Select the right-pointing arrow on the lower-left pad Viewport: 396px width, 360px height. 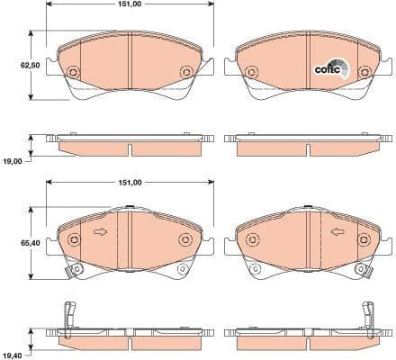point(100,232)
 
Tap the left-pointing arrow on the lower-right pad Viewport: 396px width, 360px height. point(337,232)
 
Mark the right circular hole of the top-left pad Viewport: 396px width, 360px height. point(185,72)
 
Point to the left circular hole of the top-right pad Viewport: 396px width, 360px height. point(252,72)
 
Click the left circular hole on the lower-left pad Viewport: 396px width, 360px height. point(75,239)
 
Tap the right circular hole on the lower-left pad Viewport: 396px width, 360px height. point(185,239)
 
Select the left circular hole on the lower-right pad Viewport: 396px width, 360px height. point(252,239)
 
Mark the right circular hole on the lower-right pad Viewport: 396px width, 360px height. point(363,239)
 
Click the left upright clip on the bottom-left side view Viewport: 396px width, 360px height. point(70,318)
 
